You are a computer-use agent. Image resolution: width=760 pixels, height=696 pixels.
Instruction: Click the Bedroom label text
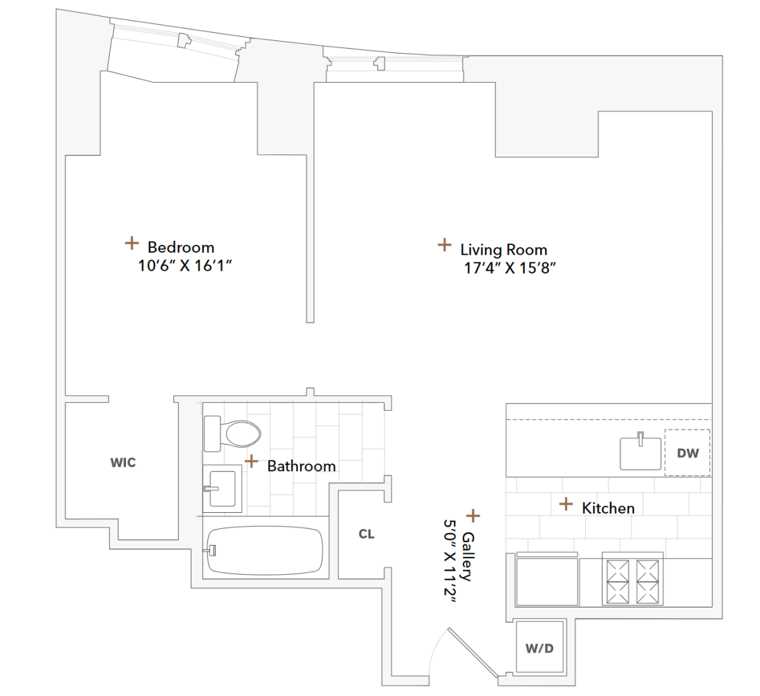pyautogui.click(x=181, y=247)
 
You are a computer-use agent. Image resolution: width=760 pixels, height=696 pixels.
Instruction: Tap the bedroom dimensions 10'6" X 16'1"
pyautogui.click(x=184, y=265)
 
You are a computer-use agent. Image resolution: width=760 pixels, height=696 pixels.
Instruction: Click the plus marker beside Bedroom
pyautogui.click(x=131, y=242)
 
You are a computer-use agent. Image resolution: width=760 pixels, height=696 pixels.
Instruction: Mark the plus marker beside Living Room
pyautogui.click(x=443, y=244)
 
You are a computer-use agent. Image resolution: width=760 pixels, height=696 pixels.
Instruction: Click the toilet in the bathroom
pyautogui.click(x=232, y=434)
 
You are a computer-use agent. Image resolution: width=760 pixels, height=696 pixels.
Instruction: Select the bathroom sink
pyautogui.click(x=222, y=489)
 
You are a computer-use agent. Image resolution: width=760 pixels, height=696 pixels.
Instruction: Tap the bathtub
pyautogui.click(x=265, y=549)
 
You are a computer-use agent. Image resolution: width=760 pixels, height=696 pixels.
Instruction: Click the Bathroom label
pyautogui.click(x=301, y=466)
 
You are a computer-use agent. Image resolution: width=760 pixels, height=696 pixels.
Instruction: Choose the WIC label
pyautogui.click(x=123, y=463)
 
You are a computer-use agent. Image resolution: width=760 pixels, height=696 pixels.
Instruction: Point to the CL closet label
pyautogui.click(x=367, y=535)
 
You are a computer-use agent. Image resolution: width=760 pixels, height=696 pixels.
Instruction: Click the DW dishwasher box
pyautogui.click(x=687, y=453)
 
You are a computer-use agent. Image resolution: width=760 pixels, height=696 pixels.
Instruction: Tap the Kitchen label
pyautogui.click(x=608, y=508)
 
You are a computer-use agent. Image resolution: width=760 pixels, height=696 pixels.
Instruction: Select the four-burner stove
pyautogui.click(x=633, y=580)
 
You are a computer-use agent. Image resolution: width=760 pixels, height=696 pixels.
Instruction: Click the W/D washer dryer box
pyautogui.click(x=539, y=649)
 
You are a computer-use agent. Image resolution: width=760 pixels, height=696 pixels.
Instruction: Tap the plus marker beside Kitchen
pyautogui.click(x=567, y=503)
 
